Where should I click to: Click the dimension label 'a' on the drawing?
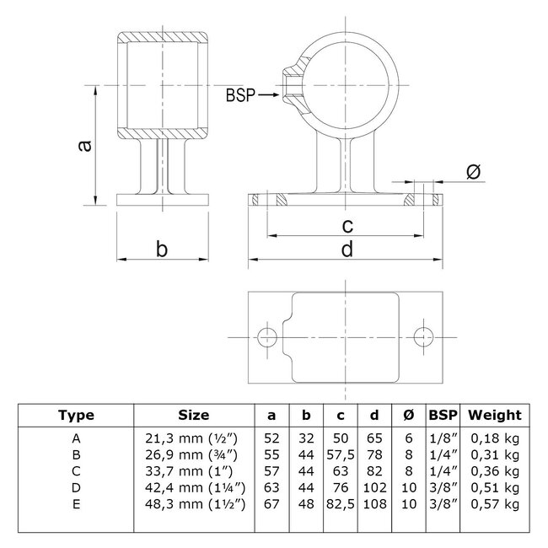(83, 146)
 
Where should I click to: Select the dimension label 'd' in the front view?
(347, 249)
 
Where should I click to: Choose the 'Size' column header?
(195, 415)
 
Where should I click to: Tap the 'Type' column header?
(77, 415)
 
